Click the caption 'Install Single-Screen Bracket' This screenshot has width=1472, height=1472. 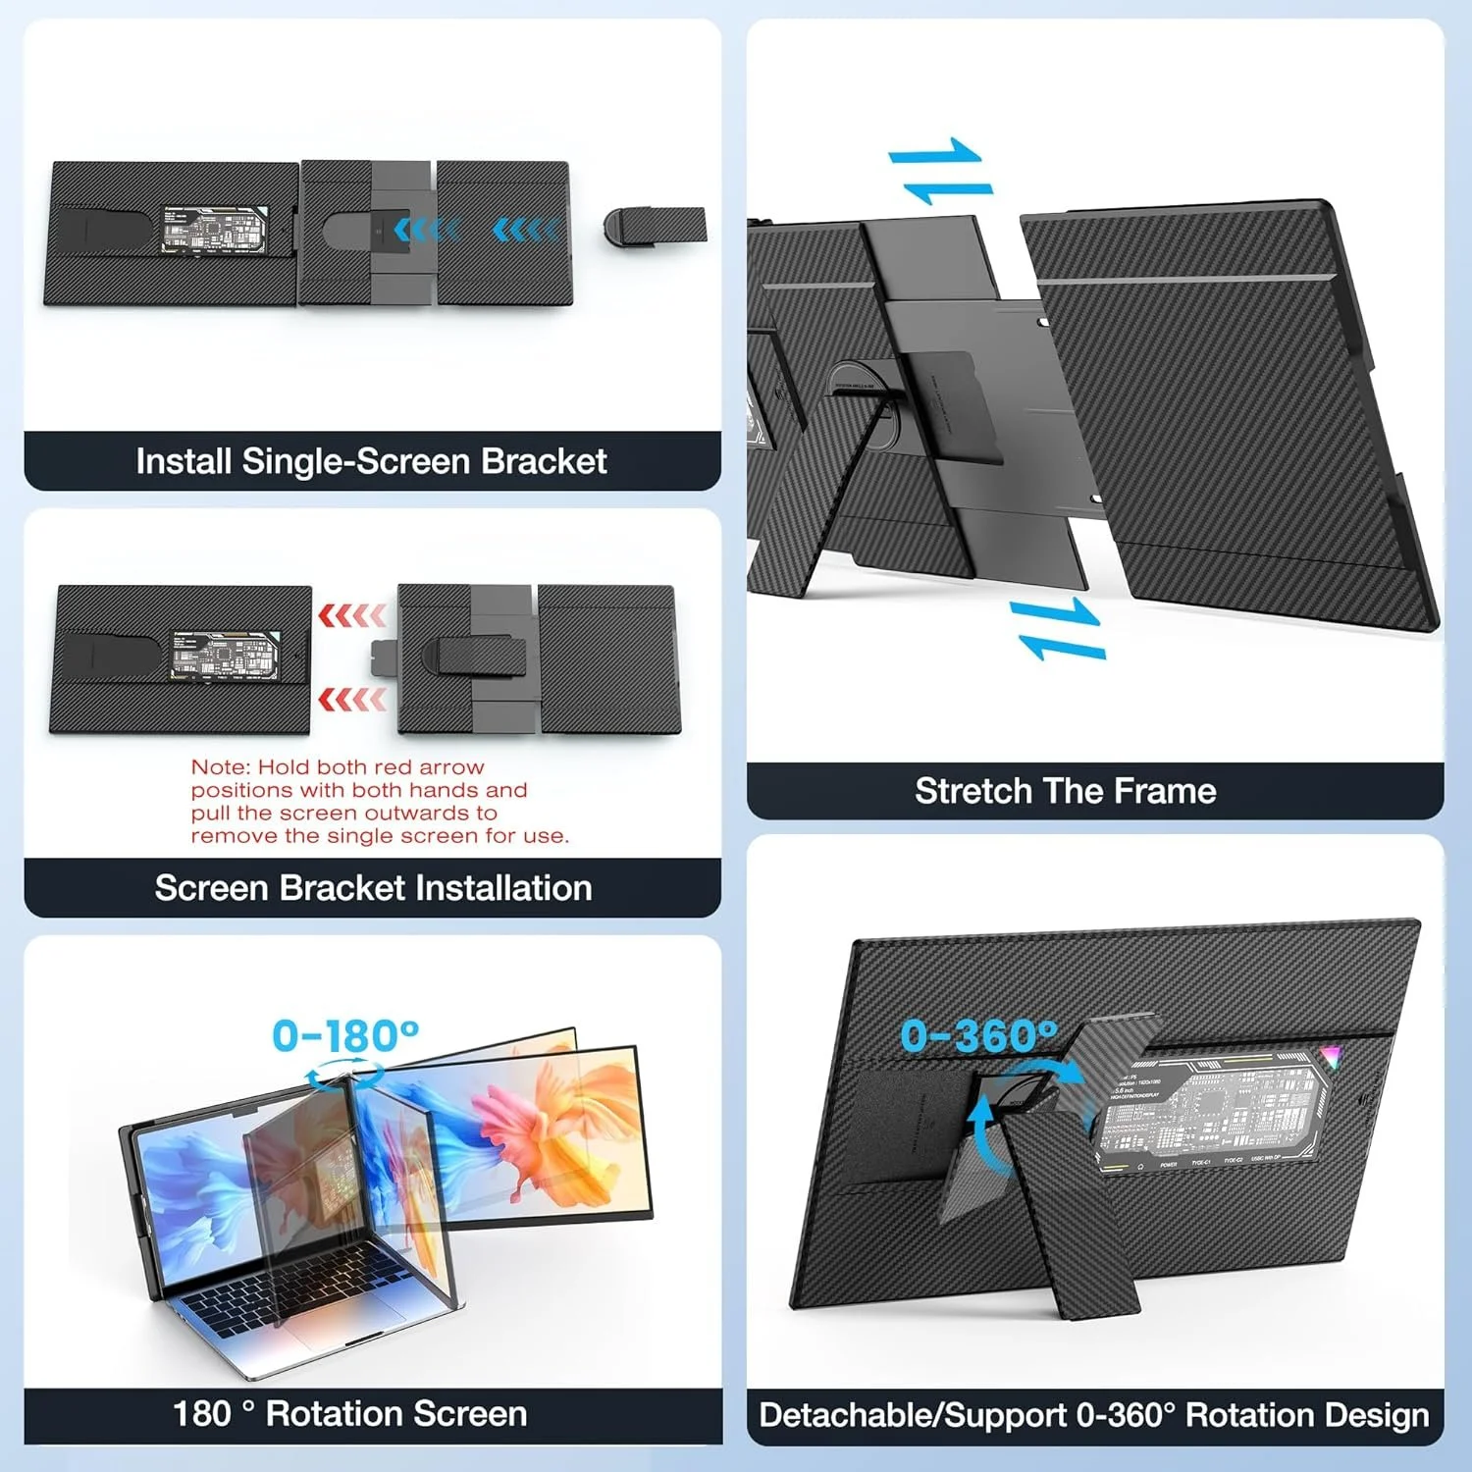coord(371,461)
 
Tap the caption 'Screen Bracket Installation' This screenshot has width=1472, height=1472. coord(373,888)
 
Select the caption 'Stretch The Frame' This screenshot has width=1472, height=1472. coord(1065,791)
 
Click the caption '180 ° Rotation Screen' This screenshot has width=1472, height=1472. coord(350,1414)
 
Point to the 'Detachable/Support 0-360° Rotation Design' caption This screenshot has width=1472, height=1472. coord(1093,1415)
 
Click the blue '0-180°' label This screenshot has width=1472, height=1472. coord(345,1035)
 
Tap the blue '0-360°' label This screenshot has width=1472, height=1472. coord(978,1035)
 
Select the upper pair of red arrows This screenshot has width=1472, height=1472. coord(352,615)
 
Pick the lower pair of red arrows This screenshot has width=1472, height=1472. coord(352,700)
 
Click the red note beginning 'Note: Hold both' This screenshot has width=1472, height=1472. coord(379,802)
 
